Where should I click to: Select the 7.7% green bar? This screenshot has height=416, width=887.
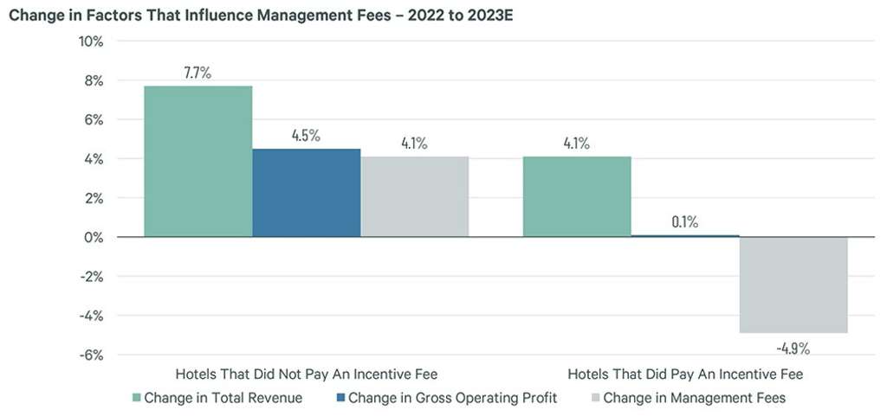[197, 161]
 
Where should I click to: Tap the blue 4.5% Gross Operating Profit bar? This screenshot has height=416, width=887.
[306, 192]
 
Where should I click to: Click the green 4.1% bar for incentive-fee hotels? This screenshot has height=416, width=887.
[577, 196]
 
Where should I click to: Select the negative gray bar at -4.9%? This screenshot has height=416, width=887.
[793, 285]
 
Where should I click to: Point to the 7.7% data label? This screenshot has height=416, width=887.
[197, 73]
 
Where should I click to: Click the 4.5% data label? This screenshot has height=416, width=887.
[306, 136]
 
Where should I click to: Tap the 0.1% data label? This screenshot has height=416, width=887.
[684, 222]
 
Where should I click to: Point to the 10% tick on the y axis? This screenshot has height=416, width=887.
[92, 42]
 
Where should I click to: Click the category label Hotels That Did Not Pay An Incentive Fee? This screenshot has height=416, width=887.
[306, 374]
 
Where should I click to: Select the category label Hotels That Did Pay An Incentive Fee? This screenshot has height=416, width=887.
[684, 374]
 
